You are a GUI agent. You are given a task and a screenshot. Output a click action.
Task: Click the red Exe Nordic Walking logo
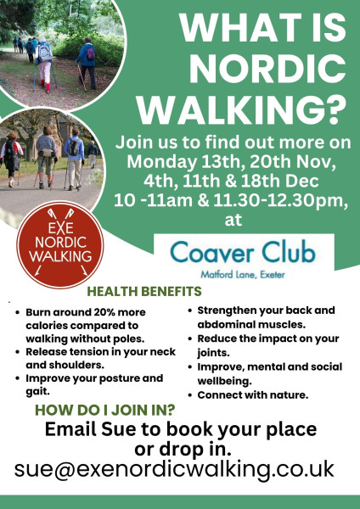(x=60, y=245)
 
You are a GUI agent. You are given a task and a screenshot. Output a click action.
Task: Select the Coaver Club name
(x=243, y=252)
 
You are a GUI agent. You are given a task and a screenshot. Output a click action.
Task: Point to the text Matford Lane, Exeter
(x=243, y=275)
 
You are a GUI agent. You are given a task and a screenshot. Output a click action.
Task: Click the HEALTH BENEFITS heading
(x=144, y=291)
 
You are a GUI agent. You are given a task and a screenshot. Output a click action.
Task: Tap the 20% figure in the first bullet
(x=104, y=312)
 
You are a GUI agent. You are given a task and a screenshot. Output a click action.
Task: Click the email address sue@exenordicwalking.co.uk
(x=174, y=469)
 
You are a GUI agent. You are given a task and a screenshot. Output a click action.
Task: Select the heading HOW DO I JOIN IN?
(x=105, y=410)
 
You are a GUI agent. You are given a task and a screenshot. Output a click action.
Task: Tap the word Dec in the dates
(x=305, y=182)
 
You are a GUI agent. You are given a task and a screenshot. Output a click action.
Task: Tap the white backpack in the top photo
(x=44, y=53)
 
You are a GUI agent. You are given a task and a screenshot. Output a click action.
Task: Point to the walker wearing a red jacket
(x=11, y=159)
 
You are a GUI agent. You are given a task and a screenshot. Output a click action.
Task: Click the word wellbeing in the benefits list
(x=224, y=381)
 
